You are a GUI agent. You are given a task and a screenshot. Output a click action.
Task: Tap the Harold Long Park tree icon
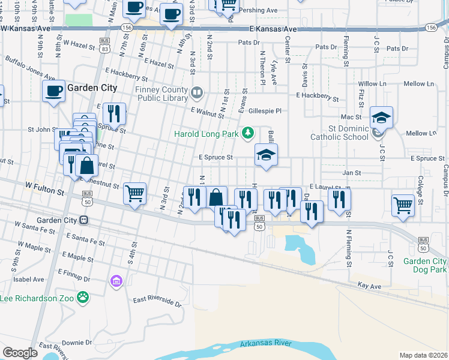[x=247, y=133]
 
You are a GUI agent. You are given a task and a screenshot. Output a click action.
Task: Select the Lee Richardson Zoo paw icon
[x=83, y=296]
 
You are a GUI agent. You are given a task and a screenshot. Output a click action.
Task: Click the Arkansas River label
[x=266, y=344]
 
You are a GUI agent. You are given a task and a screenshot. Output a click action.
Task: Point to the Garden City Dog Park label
[x=425, y=265]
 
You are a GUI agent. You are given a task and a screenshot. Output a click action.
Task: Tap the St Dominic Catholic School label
[x=348, y=133]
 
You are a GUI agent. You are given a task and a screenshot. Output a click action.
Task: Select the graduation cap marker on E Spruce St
[x=266, y=155]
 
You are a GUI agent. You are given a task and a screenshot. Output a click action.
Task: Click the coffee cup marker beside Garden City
[x=53, y=91]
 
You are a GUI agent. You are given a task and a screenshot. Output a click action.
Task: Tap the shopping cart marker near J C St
[x=403, y=205]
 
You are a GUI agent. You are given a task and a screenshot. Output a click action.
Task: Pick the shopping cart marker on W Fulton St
[x=134, y=193]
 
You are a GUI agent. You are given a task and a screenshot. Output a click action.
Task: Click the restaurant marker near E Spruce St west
[x=113, y=113]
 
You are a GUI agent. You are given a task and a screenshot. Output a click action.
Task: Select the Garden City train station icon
[x=83, y=220]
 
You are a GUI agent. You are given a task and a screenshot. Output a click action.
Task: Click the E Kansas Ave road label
[x=274, y=29]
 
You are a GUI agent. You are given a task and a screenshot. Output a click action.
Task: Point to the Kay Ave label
[x=369, y=287]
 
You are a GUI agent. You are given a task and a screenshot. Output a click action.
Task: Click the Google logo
[x=20, y=353]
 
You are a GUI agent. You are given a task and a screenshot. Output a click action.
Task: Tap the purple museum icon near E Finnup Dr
[x=116, y=281]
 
